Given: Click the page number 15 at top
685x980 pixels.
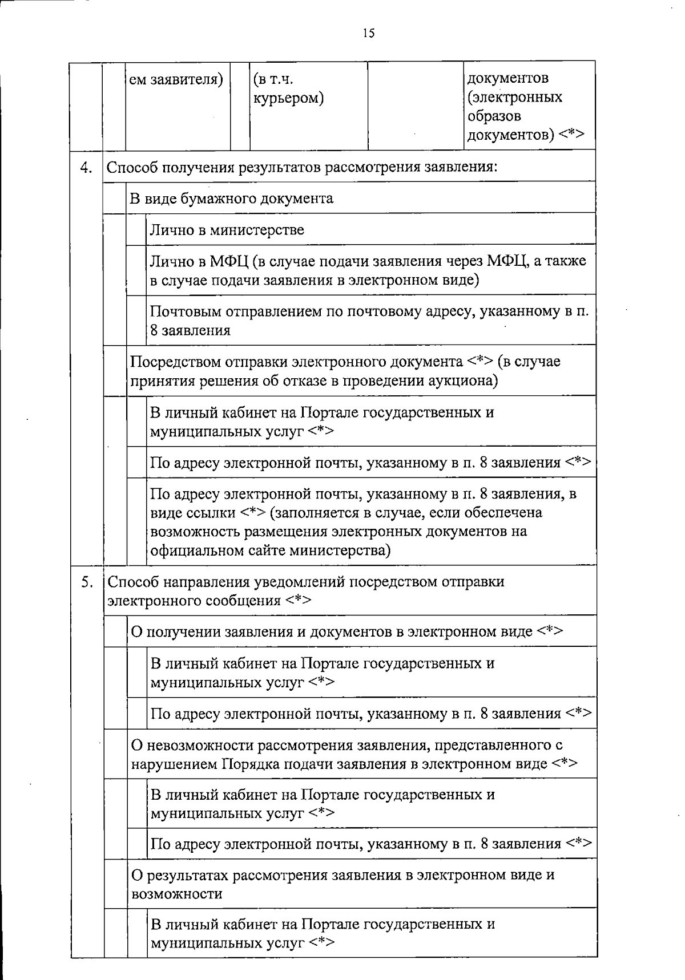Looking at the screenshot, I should click(368, 34).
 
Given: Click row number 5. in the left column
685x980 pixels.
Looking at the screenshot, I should click(86, 582).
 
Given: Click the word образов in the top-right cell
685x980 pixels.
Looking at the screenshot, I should click(494, 116).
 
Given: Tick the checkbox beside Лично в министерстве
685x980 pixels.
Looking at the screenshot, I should click(136, 230).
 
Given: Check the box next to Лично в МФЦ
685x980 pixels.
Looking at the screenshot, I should click(136, 270).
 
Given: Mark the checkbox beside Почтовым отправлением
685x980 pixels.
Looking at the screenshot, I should click(136, 320).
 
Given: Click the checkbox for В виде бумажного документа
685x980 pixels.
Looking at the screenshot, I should click(115, 198).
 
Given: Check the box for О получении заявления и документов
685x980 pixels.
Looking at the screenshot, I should click(115, 631).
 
